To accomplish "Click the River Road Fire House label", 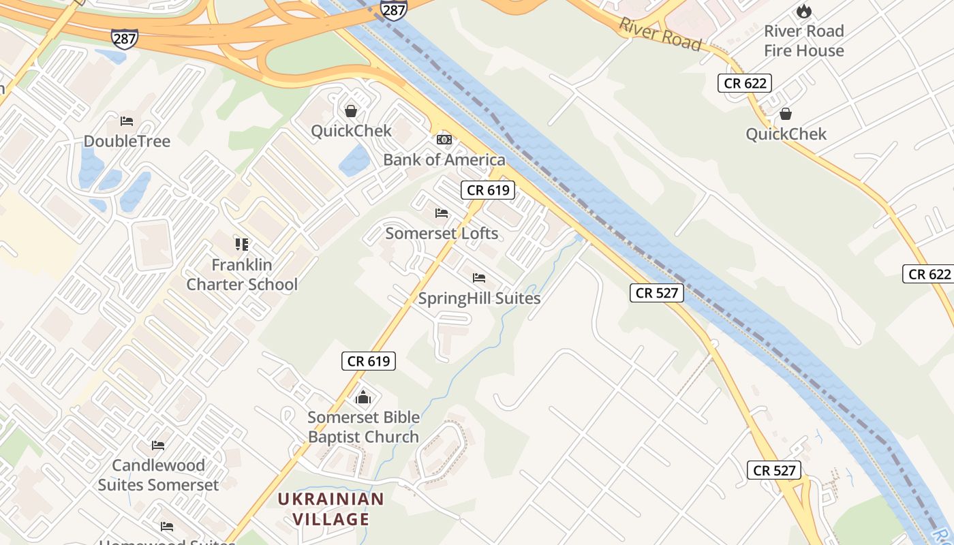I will click(803, 41).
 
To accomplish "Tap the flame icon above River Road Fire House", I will click(804, 11).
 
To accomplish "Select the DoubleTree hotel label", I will click(127, 141).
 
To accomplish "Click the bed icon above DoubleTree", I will click(127, 121).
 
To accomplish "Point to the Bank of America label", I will click(444, 160).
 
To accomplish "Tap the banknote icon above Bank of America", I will click(444, 140).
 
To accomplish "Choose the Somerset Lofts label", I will click(442, 234).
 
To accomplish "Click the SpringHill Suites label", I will click(479, 298).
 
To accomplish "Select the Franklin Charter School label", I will click(242, 275).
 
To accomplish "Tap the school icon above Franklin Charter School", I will click(242, 244).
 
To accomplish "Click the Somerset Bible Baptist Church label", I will click(363, 427).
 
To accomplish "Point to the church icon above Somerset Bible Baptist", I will click(363, 396).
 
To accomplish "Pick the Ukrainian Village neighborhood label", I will click(331, 509).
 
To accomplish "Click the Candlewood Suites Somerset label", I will click(158, 475).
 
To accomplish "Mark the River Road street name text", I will click(660, 34).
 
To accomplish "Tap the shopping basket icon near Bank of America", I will click(351, 110).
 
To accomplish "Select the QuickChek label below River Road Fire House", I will click(786, 134).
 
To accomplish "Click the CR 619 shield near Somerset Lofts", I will click(488, 190).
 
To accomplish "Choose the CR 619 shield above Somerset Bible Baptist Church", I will click(369, 361).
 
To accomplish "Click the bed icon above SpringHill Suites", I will click(479, 278).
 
